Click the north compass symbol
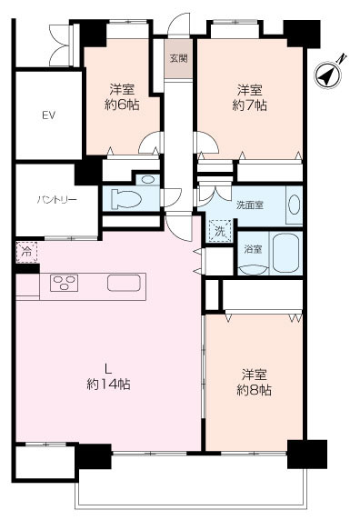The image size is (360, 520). [328, 75]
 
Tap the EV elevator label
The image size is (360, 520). [49, 115]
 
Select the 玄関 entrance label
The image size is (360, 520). [179, 58]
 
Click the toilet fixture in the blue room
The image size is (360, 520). [126, 199]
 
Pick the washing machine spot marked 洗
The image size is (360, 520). [220, 231]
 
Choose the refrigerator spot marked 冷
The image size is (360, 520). [26, 252]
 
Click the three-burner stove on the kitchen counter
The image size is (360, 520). [64, 283]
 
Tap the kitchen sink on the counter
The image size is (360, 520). [124, 283]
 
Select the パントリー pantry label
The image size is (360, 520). [56, 200]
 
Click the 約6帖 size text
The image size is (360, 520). [122, 105]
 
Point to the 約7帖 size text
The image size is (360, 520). [249, 105]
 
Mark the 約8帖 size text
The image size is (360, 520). [254, 390]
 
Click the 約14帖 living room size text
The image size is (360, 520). [108, 384]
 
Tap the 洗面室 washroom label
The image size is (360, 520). [250, 205]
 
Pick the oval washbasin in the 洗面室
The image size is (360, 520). [294, 205]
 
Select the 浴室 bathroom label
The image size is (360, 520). [253, 249]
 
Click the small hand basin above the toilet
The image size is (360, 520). [147, 179]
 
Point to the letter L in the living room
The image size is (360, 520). [107, 368]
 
